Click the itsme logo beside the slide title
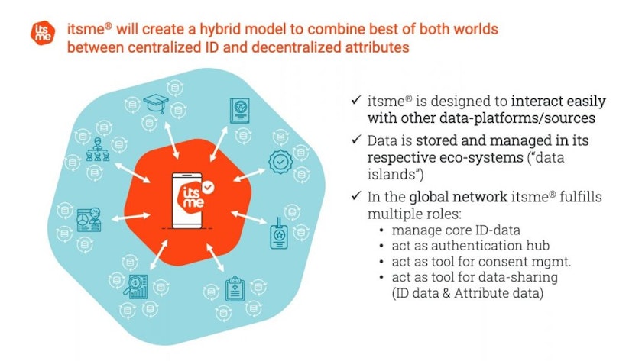tap(43, 32)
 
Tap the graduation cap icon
tap(156, 104)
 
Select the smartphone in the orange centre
tap(187, 200)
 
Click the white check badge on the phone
tap(209, 187)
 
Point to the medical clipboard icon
tap(235, 288)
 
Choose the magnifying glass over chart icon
tap(136, 286)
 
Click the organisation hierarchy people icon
tap(98, 150)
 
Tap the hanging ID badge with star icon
tap(279, 234)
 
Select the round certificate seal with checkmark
tap(280, 162)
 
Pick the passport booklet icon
tap(239, 111)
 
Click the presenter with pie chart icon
tap(89, 220)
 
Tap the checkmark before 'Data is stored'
tap(356, 140)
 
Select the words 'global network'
tap(458, 197)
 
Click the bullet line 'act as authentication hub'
tap(471, 245)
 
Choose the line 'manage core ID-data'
tap(456, 230)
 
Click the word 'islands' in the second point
tap(391, 175)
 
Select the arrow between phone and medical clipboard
tap(215, 258)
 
